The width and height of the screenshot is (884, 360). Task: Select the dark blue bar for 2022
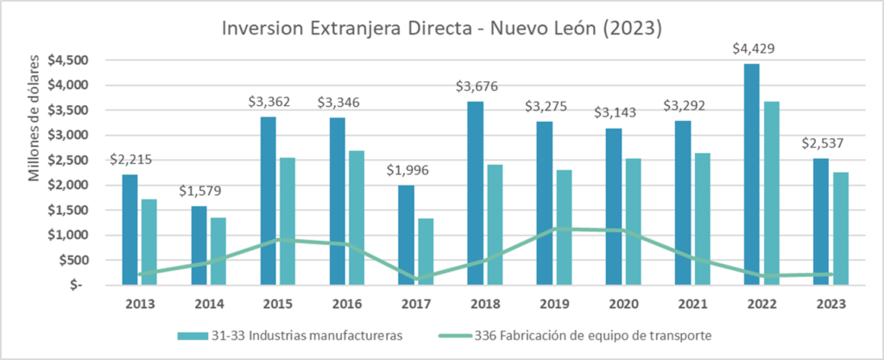point(751,173)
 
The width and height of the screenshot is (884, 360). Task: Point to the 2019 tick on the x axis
point(552,304)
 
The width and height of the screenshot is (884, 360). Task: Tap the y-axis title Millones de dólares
point(35,122)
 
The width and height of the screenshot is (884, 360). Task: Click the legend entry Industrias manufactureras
point(294,335)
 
